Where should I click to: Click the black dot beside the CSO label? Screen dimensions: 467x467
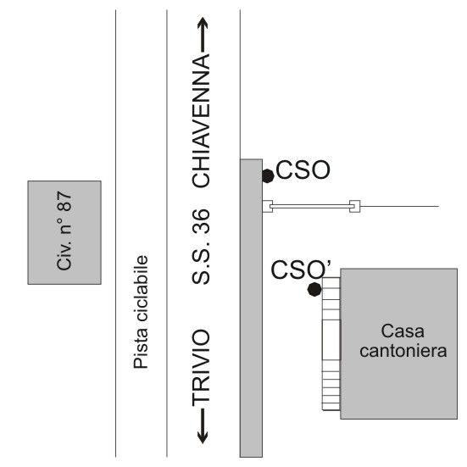268,175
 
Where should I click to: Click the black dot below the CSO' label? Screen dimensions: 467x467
314,289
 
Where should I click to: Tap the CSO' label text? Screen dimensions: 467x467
301,270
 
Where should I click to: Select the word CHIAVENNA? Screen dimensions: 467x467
201,120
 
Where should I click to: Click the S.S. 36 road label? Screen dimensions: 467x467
201,247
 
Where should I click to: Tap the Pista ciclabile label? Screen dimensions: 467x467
141,312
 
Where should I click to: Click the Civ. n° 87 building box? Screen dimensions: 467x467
64,232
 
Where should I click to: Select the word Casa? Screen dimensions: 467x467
403,331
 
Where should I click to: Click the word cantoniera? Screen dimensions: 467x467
403,351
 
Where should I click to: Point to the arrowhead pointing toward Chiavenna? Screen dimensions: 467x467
203,23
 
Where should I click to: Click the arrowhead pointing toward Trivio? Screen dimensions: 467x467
203,437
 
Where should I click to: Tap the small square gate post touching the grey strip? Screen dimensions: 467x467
268,206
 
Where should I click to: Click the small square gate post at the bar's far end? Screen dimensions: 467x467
355,206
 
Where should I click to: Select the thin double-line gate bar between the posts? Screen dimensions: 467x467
311,206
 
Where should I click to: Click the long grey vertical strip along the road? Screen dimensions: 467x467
251,308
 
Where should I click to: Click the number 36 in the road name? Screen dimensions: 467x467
201,220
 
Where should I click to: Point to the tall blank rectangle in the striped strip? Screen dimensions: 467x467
331,340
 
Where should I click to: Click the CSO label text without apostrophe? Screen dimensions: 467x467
303,170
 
